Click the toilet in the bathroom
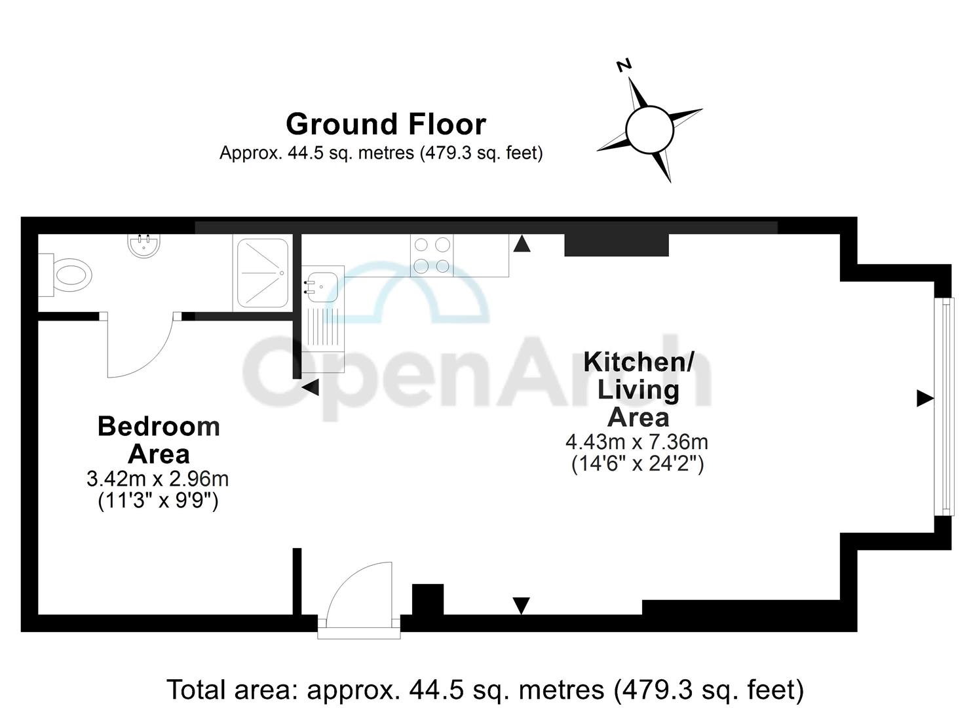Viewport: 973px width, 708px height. click(69, 275)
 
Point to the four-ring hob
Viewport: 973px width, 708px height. click(432, 255)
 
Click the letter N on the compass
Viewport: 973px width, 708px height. click(624, 65)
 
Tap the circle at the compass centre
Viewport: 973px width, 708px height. click(649, 129)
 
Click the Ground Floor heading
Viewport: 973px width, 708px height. click(386, 124)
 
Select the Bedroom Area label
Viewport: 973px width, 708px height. click(159, 440)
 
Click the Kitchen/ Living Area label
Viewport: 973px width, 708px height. click(638, 389)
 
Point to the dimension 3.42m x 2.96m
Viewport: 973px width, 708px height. click(158, 479)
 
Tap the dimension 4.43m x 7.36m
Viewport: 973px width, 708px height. click(637, 442)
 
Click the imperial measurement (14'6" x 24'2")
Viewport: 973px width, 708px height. click(638, 464)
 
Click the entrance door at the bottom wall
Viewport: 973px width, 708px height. click(358, 600)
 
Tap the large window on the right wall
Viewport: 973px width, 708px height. click(944, 406)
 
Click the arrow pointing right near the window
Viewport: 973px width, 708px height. click(925, 398)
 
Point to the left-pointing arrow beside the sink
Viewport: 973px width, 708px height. click(310, 387)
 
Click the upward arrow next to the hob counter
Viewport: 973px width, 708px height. click(522, 244)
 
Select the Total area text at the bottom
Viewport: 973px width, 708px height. click(486, 690)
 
